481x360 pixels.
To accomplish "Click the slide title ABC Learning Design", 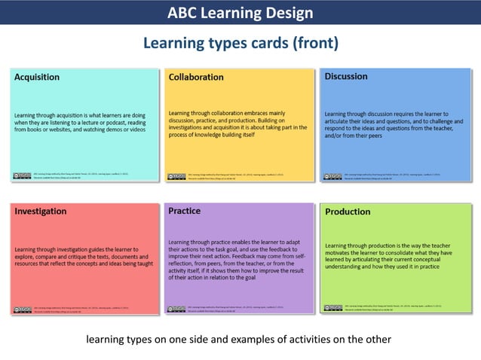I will tap(240, 13).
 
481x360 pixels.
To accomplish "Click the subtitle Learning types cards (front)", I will tap(240, 43).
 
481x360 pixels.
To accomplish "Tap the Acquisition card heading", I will tap(37, 77).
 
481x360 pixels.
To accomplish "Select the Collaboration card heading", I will tap(196, 77).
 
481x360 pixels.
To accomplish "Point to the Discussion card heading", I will tap(346, 76).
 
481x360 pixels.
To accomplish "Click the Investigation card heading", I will tap(41, 212).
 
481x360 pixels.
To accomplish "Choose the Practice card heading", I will tap(185, 212).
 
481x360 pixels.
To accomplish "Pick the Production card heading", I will tap(348, 212).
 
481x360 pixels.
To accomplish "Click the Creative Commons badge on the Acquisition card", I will tap(22, 175).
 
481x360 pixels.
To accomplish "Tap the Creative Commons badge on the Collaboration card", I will tap(176, 176).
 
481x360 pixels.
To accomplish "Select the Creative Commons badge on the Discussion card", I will tap(332, 176).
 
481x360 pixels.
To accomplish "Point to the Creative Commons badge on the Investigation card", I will tap(22, 309).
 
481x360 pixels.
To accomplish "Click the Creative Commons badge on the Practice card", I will tap(176, 309).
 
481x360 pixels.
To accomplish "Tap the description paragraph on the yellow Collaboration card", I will tap(237, 124).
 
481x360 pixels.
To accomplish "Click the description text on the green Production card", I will tap(393, 255).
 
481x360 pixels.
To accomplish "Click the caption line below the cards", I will tap(238, 339).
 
